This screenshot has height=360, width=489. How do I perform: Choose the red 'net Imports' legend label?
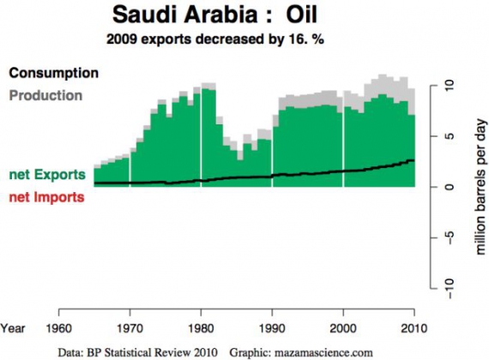[47, 197]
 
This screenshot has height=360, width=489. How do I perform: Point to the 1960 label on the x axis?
[57, 327]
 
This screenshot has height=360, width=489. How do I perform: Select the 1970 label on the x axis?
[129, 327]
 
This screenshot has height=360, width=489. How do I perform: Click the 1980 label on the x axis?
[200, 327]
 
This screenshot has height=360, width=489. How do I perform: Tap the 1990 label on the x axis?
[272, 327]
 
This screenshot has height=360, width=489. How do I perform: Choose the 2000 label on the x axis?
[343, 327]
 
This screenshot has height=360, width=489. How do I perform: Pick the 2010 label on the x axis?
[414, 327]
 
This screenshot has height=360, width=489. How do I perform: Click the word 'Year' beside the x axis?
[15, 327]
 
